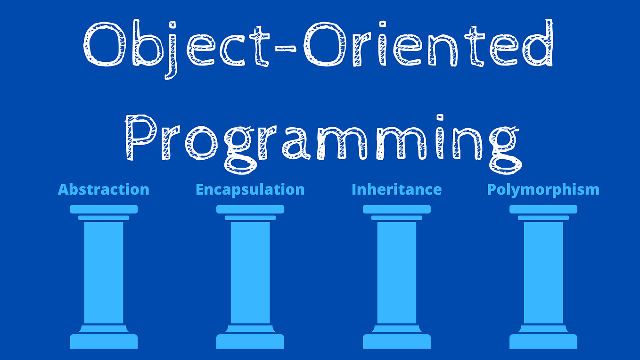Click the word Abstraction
coord(103,189)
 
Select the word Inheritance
coord(396,189)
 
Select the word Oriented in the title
coord(428,44)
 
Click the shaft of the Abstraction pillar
coord(104,272)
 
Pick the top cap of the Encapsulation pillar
coord(250,209)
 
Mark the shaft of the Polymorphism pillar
coord(543,272)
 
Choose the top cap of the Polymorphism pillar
coord(543,209)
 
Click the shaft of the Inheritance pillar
coord(397,272)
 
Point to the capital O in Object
coord(105,44)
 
